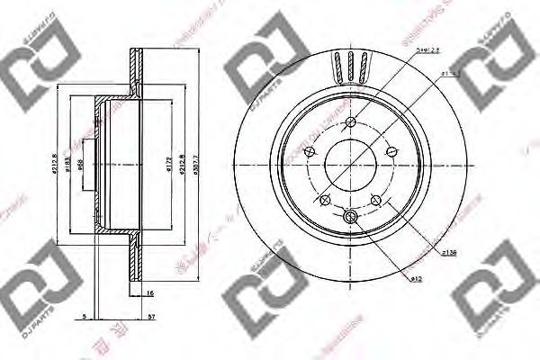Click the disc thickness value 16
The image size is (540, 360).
[x=149, y=292]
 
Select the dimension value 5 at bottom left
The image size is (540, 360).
[x=83, y=317]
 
